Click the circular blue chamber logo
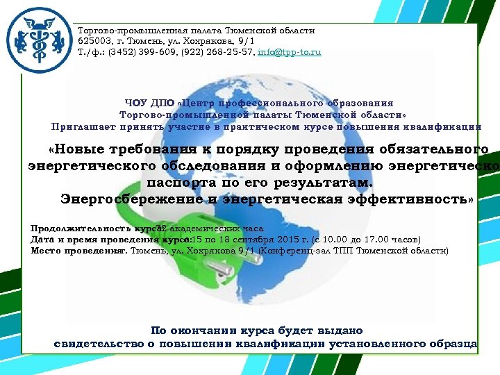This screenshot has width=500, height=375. [x=38, y=41]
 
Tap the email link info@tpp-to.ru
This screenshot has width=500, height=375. [x=289, y=52]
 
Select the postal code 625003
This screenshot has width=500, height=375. [x=94, y=42]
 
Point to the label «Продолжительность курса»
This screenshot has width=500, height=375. [x=94, y=228]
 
